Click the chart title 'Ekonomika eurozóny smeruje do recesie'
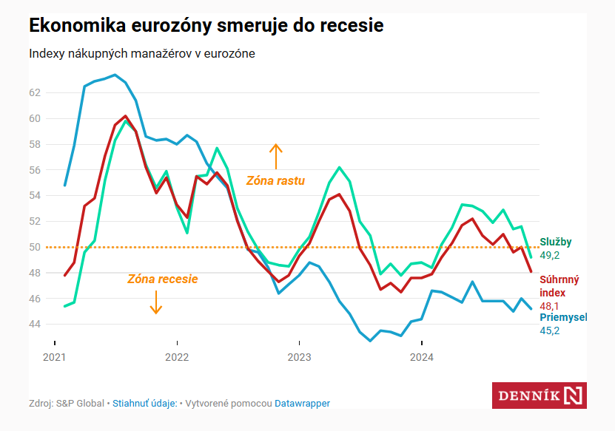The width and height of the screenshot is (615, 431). click(206, 25)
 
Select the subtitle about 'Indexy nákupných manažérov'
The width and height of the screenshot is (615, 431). click(142, 54)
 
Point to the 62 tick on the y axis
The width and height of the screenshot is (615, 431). click(35, 92)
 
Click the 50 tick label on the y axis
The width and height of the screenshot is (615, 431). click(35, 247)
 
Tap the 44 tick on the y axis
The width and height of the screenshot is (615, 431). click(35, 324)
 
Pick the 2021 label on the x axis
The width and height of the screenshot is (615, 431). click(54, 357)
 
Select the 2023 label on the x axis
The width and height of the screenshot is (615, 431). click(299, 357)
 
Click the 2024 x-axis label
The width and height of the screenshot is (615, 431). click(421, 357)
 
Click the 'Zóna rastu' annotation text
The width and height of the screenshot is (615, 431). click(275, 180)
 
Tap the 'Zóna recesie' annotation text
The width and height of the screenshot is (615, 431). click(163, 279)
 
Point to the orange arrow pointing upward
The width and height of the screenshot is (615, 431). click(276, 157)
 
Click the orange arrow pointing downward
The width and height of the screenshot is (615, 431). click(156, 302)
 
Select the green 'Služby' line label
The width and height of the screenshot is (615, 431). click(555, 242)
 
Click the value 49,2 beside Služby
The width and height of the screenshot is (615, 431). click(549, 255)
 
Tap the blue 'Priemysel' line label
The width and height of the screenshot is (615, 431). click(563, 317)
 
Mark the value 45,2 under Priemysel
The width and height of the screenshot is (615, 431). click(549, 330)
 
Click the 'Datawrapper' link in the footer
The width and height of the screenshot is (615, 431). click(302, 404)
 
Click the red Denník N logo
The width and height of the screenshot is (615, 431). click(539, 396)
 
